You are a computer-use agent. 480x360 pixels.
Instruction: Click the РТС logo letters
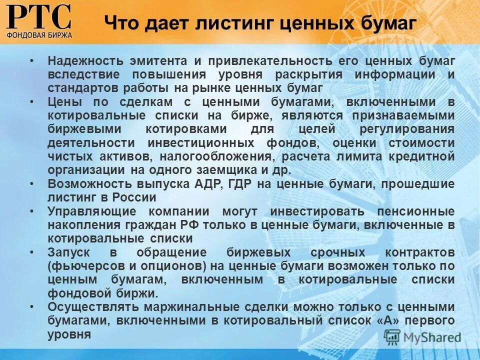pos(39,17)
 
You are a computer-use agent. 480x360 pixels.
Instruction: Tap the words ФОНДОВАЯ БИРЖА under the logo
pos(39,35)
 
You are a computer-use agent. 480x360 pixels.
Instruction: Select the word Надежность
pos(83,61)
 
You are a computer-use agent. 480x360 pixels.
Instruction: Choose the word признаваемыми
pos(404,115)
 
